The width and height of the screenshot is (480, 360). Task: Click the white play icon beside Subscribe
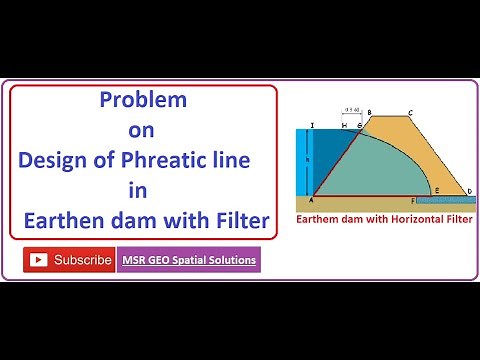pyautogui.click(x=39, y=260)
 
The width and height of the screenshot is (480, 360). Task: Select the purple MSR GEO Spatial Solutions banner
pyautogui.click(x=189, y=260)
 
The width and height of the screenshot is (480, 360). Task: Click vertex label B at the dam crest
pyautogui.click(x=369, y=112)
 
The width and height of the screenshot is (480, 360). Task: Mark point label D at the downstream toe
pyautogui.click(x=470, y=191)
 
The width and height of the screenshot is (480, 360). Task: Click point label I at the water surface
pyautogui.click(x=313, y=126)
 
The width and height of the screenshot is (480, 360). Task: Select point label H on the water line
pyautogui.click(x=344, y=126)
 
